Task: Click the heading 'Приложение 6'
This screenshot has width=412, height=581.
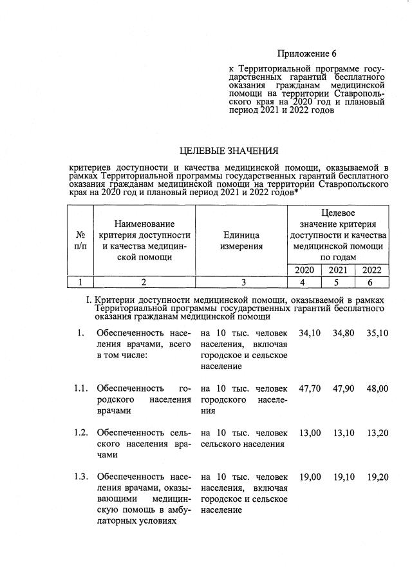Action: click(306, 53)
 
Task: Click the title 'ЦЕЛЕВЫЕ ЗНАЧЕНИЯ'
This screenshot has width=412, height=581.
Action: click(229, 151)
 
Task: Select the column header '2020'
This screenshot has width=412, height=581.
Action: click(304, 270)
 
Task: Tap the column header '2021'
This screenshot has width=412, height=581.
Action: click(337, 270)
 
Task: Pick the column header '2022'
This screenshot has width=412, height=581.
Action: click(371, 270)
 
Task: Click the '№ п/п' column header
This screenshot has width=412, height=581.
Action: click(80, 240)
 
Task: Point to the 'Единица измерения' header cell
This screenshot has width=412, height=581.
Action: click(242, 240)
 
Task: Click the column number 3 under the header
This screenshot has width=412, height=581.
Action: click(242, 282)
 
